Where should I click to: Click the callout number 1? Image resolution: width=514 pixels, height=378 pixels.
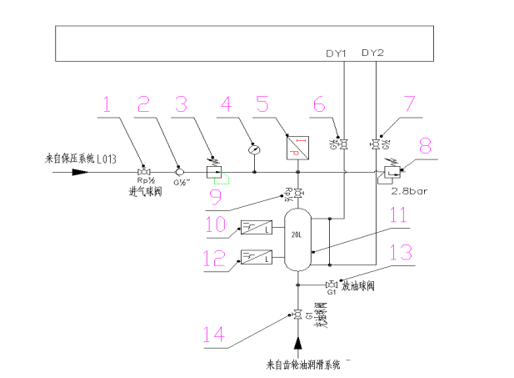point(106,105)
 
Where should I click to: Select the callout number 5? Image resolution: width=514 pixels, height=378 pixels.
point(262,105)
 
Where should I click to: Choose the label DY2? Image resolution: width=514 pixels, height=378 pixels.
point(374,53)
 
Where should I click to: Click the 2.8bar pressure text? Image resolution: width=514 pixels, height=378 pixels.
point(408,189)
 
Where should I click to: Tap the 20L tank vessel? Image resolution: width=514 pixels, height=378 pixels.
point(297,239)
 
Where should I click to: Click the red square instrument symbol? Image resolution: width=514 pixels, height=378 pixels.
point(297,148)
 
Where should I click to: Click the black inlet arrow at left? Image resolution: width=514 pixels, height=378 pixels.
point(76,172)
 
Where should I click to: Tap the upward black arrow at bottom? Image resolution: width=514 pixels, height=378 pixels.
point(297,343)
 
